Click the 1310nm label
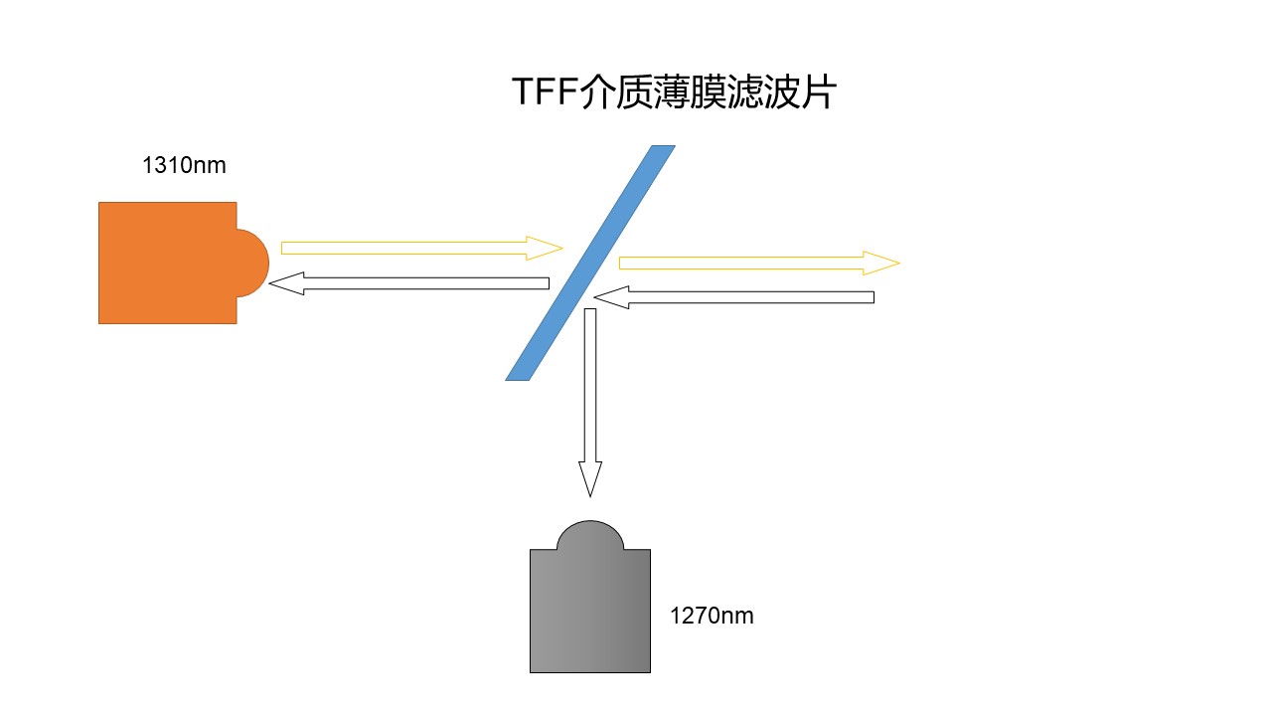coord(184,165)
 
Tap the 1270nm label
coord(712,616)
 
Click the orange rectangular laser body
coord(167,263)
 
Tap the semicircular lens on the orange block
coord(252,263)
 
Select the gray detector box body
coord(589,611)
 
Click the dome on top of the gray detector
coord(590,535)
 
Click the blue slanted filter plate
coord(590,263)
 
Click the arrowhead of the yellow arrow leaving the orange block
coord(547,247)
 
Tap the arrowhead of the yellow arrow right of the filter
coord(882,263)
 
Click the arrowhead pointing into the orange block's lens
coord(284,283)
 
